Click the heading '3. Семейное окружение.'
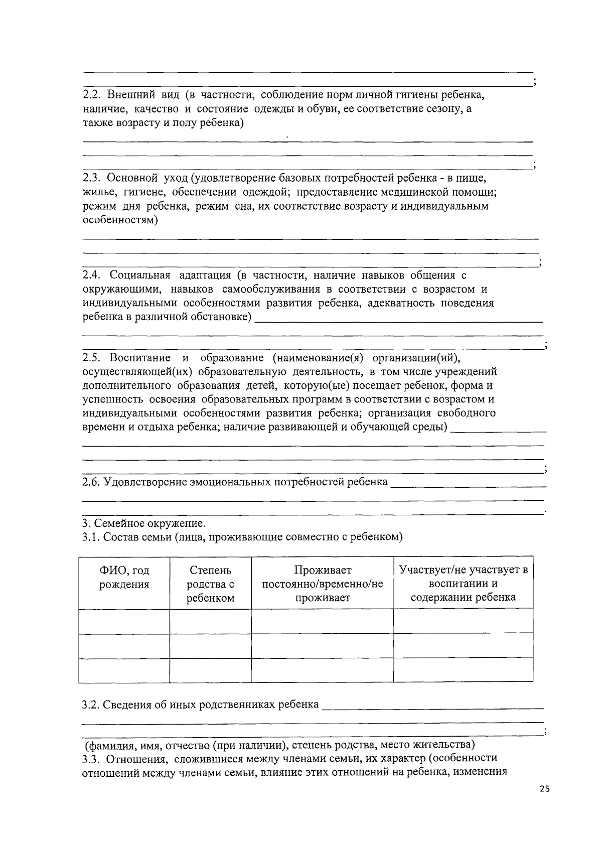coord(144,523)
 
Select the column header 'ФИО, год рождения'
coord(124,578)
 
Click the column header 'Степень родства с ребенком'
coord(210,584)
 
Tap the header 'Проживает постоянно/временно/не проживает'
coord(323,584)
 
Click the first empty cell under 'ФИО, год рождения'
coord(124,621)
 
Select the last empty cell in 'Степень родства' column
coord(210,670)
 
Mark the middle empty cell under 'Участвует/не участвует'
coord(463,645)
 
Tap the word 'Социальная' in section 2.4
coord(140,275)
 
